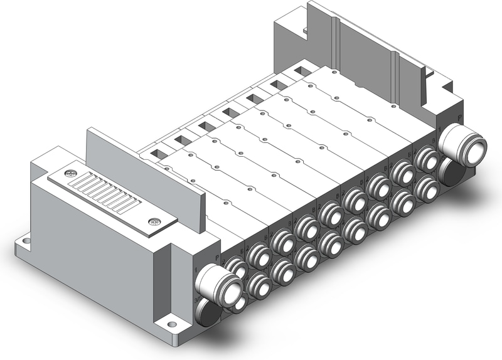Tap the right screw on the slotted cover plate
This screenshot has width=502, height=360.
click(x=154, y=221)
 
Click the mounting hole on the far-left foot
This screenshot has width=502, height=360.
click(x=26, y=239)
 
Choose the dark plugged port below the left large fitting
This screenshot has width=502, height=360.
click(x=210, y=314)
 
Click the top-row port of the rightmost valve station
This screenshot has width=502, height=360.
click(x=427, y=159)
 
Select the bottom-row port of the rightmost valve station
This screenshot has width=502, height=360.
click(x=426, y=186)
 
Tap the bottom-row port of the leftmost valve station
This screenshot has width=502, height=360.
click(x=258, y=287)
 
